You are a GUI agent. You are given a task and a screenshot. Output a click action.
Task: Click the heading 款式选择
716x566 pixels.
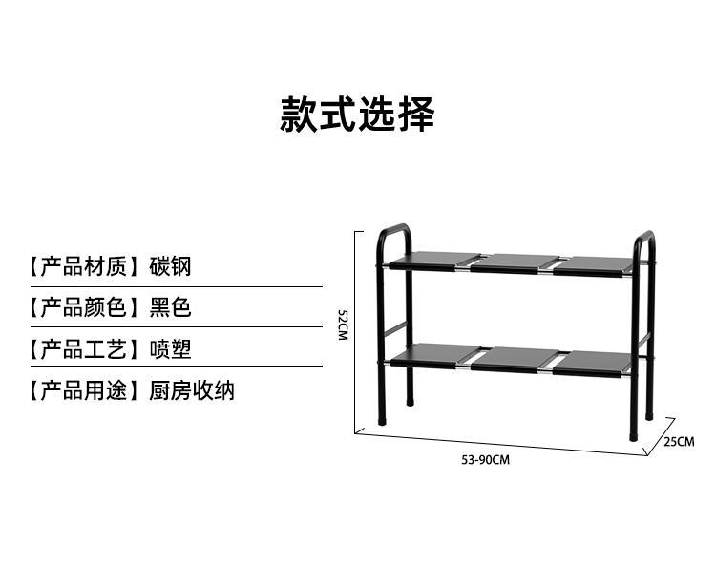357,115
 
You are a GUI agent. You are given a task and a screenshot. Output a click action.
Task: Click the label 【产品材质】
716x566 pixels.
81,265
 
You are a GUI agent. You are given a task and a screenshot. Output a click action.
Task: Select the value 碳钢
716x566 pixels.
170,265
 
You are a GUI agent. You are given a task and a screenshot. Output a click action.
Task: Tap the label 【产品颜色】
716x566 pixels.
81,307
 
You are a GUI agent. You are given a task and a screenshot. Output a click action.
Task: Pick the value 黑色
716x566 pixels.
170,307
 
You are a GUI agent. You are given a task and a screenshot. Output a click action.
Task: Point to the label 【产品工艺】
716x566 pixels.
81,349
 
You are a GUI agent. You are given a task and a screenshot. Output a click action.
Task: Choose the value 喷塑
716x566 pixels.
170,349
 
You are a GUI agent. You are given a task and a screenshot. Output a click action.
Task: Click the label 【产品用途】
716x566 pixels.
81,390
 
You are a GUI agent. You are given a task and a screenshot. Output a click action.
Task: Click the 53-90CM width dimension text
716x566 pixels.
485,459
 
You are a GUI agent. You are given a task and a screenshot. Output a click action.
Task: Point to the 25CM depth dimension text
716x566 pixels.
679,441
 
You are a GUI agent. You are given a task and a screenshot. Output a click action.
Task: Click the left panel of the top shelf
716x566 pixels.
434,260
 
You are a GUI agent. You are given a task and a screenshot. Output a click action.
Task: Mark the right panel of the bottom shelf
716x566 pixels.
594,362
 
